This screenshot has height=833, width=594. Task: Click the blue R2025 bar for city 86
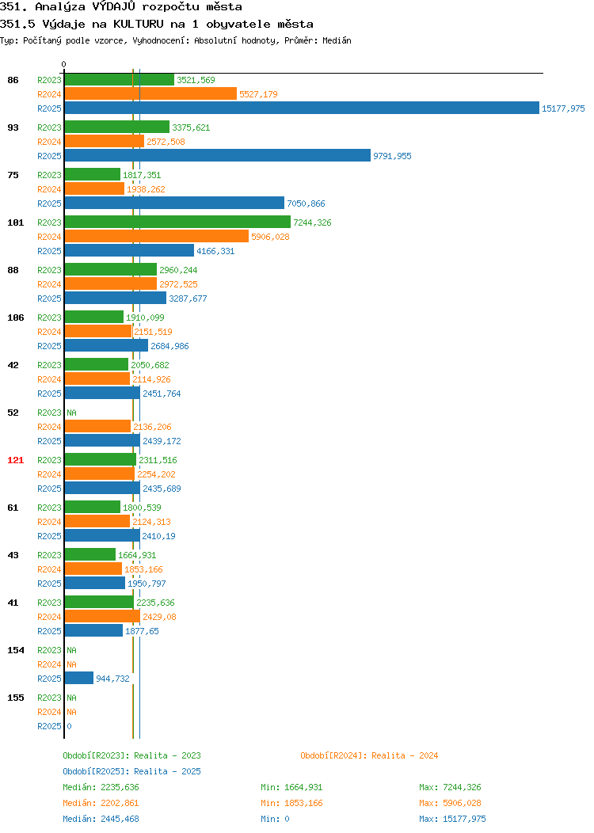[x=302, y=108]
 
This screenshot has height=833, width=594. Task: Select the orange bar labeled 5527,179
[x=151, y=94]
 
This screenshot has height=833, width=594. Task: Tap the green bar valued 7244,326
[x=178, y=222]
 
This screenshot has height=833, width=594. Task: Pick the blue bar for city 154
[x=79, y=679]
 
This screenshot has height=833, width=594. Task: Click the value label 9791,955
[x=392, y=156]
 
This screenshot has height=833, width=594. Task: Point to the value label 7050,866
[x=306, y=203]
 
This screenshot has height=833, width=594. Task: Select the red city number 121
[x=15, y=460]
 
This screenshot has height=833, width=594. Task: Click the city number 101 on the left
[x=15, y=223]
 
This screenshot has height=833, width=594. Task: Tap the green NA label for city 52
[x=72, y=413]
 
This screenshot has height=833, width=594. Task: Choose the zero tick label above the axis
[x=64, y=64]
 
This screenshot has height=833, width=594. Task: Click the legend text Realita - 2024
[x=405, y=755]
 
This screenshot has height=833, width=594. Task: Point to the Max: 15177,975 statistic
[x=453, y=819]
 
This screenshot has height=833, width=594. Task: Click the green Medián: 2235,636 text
[x=101, y=787]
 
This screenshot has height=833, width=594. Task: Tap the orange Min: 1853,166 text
[x=291, y=803]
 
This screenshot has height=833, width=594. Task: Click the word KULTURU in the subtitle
[x=138, y=24]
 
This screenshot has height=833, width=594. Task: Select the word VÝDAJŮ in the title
[x=114, y=7]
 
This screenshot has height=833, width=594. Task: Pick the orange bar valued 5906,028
[x=157, y=237]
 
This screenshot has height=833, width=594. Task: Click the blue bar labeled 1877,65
[x=94, y=630]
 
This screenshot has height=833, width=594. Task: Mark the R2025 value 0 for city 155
[x=69, y=726]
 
